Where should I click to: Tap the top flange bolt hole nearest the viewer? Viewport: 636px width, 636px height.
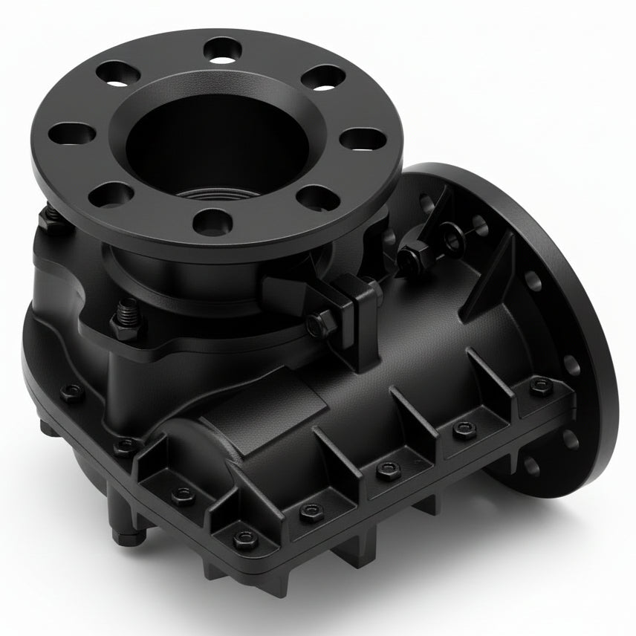pos(212,221)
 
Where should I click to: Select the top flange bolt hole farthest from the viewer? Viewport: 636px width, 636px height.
pos(221,50)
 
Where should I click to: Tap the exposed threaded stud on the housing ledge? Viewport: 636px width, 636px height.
pos(126,316)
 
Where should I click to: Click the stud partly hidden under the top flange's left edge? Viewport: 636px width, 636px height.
pos(51,216)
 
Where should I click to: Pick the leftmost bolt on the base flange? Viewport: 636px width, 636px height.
pos(71,392)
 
